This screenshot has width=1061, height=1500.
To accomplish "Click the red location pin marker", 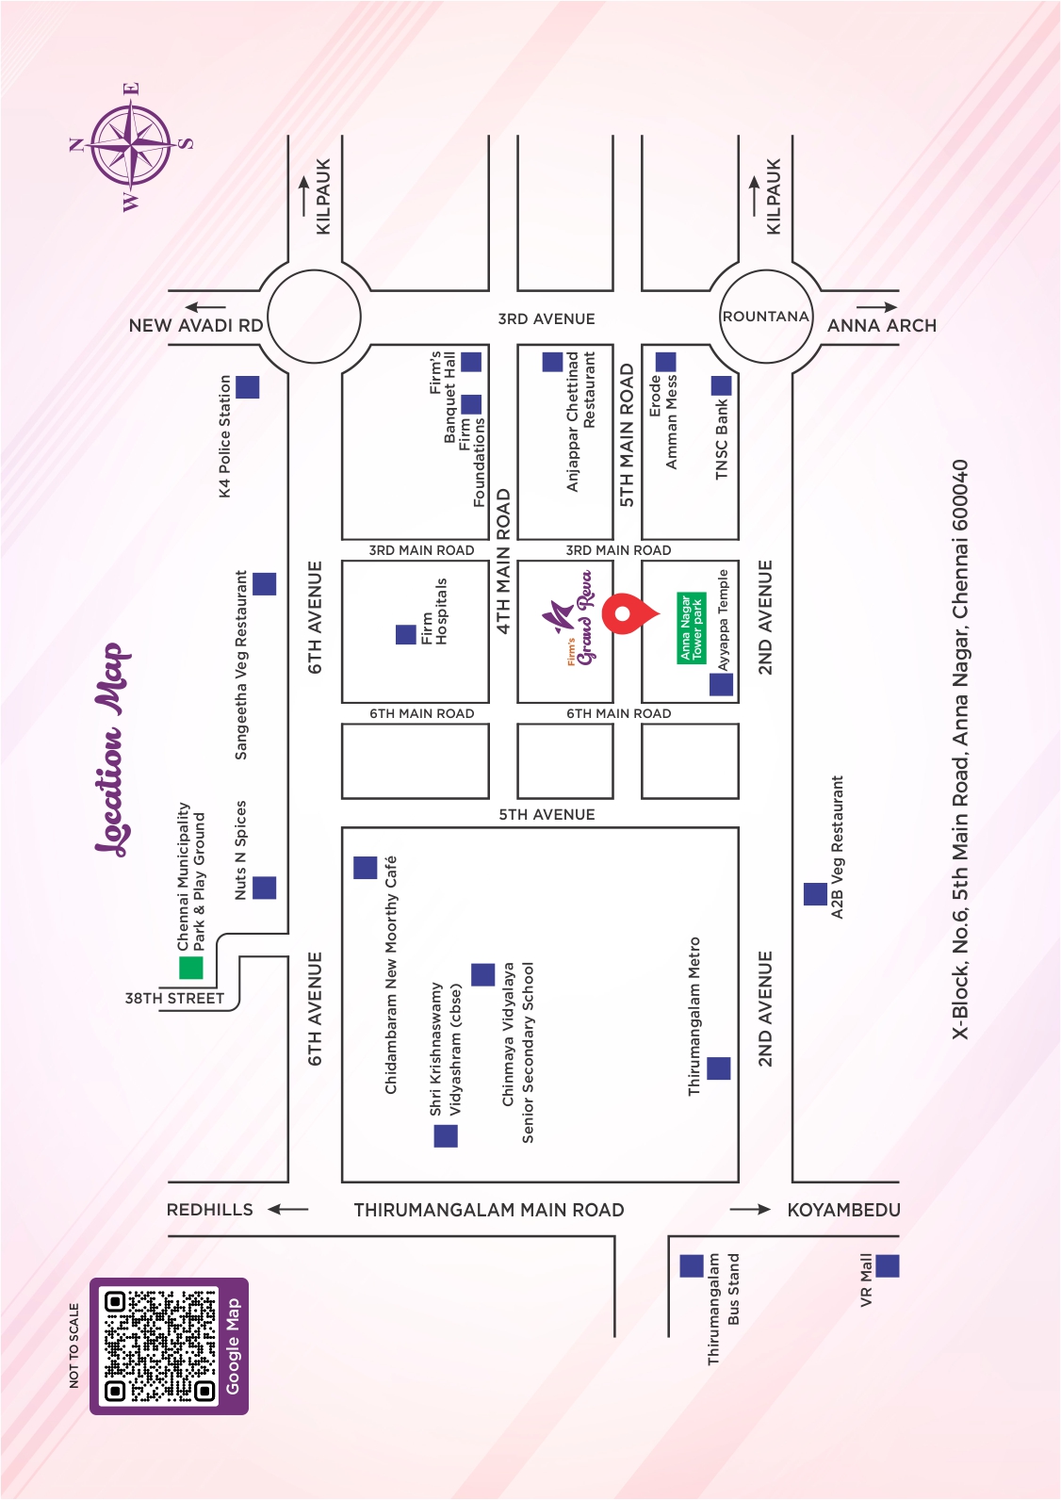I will pos(625,614).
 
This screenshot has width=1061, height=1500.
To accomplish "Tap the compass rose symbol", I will pos(132,146).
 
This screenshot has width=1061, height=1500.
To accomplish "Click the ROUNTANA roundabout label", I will pos(765,317).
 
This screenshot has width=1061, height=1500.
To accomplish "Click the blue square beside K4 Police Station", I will pos(248,386).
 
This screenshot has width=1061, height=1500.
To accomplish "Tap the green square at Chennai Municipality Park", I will pos(191,968).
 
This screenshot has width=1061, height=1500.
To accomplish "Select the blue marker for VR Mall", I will pos(888,1265).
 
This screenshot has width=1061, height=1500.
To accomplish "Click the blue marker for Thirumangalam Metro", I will pos(719,1068).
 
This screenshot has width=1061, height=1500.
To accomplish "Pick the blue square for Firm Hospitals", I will pos(406,634).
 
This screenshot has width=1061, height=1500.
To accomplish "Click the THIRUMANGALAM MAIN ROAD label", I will pos(488,1210).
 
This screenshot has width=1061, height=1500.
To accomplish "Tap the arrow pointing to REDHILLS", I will pos(288,1209).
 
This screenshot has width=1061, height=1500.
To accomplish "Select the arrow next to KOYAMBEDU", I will pos(751,1209).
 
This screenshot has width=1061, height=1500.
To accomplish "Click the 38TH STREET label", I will pos(174,998).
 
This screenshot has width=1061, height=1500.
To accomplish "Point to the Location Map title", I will pos(112,749).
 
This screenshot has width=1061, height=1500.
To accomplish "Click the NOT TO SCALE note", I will pos(74,1345).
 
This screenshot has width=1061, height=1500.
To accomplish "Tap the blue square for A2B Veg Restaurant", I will pos(815,894).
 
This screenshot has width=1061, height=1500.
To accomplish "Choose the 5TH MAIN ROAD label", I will pos(628,435).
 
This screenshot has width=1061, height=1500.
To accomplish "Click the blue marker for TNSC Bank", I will pos(721,384).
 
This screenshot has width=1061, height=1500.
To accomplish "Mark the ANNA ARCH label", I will pos(882,325).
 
